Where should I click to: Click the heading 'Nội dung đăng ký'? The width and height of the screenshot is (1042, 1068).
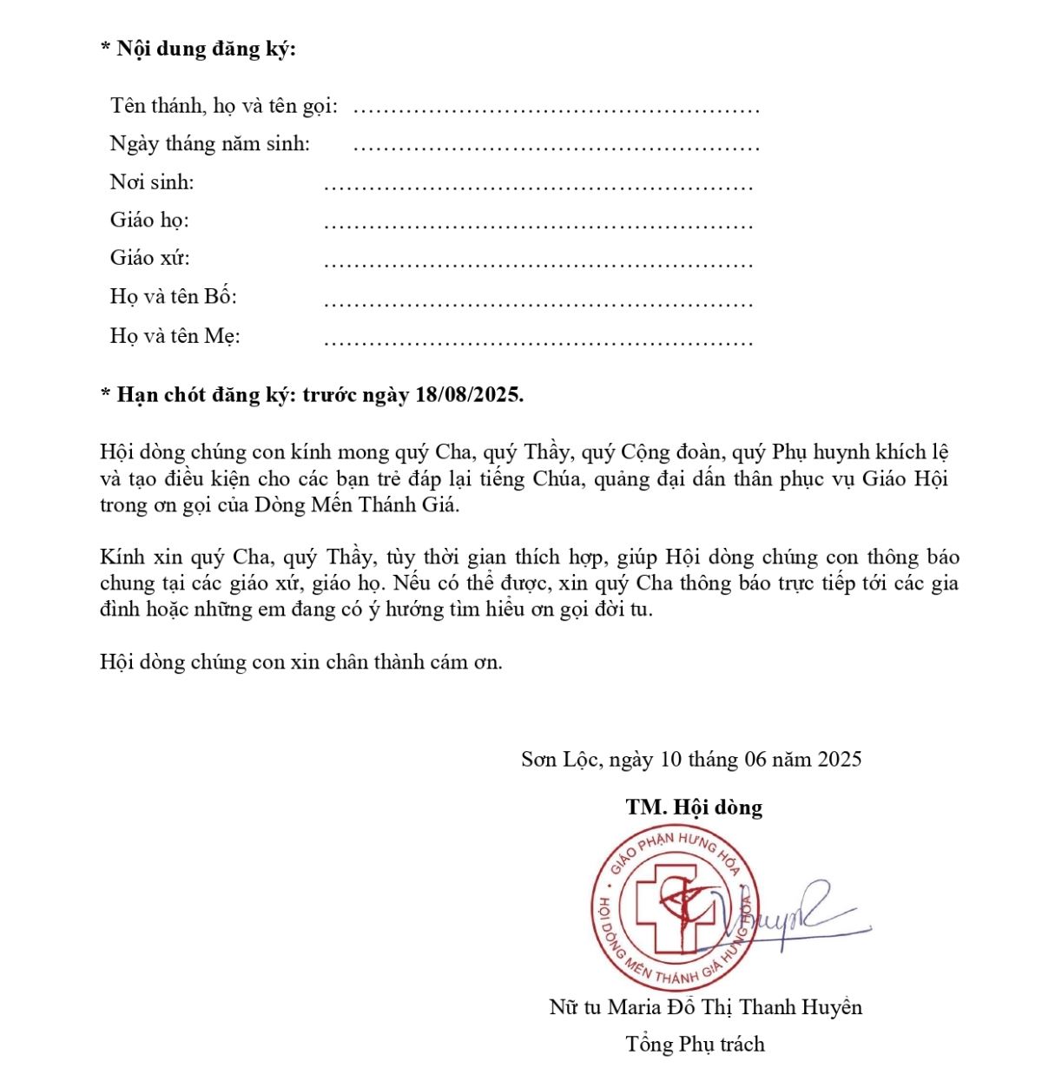(x=206, y=49)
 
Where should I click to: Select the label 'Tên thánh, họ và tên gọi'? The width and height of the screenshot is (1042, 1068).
(x=223, y=106)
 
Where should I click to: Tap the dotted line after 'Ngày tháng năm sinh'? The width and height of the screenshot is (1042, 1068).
(x=556, y=146)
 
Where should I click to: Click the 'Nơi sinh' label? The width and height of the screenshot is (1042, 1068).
(x=152, y=182)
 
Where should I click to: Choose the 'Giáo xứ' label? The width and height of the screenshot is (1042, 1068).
(x=149, y=258)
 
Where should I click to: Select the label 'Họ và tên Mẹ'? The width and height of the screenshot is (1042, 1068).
(x=175, y=336)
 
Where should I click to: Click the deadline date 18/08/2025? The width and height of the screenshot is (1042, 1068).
(x=469, y=395)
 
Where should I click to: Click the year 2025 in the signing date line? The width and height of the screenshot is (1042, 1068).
(x=839, y=760)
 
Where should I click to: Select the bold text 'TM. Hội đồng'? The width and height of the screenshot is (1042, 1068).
(x=694, y=808)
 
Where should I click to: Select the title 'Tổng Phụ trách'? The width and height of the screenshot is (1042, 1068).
(x=695, y=1044)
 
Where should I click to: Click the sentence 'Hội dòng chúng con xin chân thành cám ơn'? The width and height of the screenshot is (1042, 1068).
(x=300, y=662)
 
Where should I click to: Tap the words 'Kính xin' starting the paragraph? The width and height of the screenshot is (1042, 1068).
(x=133, y=557)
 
